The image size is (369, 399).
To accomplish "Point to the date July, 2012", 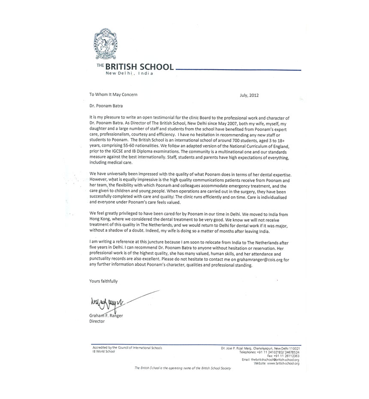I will point(249,95).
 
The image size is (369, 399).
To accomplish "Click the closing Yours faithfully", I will point(103,281).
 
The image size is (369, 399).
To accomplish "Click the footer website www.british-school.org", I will point(281,363).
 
